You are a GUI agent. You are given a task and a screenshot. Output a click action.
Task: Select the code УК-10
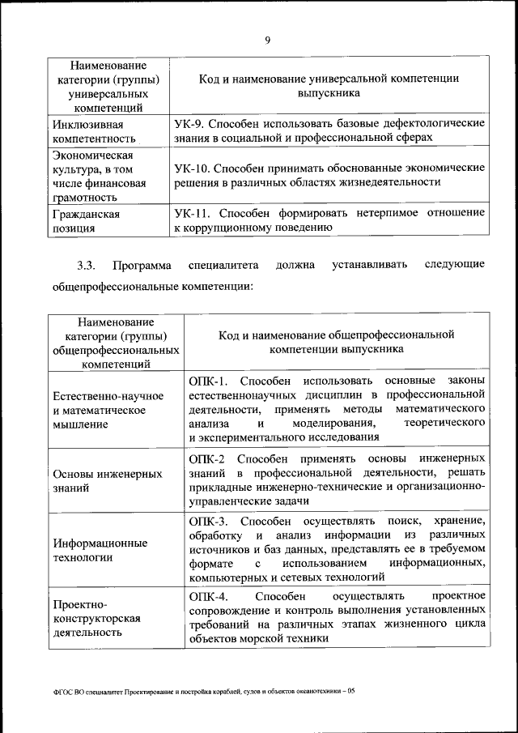pos(193,168)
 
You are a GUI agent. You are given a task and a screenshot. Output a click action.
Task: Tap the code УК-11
pos(193,213)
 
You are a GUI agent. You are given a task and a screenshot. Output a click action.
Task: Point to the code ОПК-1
pos(209,380)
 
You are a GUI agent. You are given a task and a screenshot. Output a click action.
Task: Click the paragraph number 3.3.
pos(87,264)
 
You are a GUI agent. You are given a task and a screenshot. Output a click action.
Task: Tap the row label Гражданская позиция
pos(87,221)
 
